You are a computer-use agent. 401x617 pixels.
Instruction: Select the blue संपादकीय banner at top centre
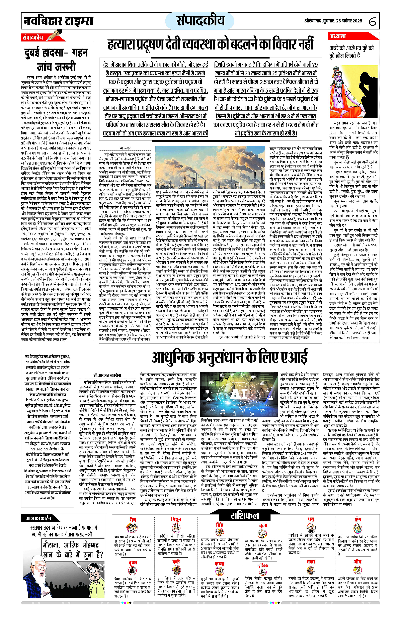[x=200, y=20]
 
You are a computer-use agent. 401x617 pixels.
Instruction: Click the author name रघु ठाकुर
[x=125, y=148]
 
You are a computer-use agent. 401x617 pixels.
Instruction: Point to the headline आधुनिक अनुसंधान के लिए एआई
[x=229, y=357]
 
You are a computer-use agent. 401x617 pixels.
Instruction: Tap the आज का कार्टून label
[x=38, y=518]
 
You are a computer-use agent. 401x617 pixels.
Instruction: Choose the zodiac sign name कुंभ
[x=358, y=519]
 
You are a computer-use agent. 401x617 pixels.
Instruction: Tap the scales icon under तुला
[x=262, y=532]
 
